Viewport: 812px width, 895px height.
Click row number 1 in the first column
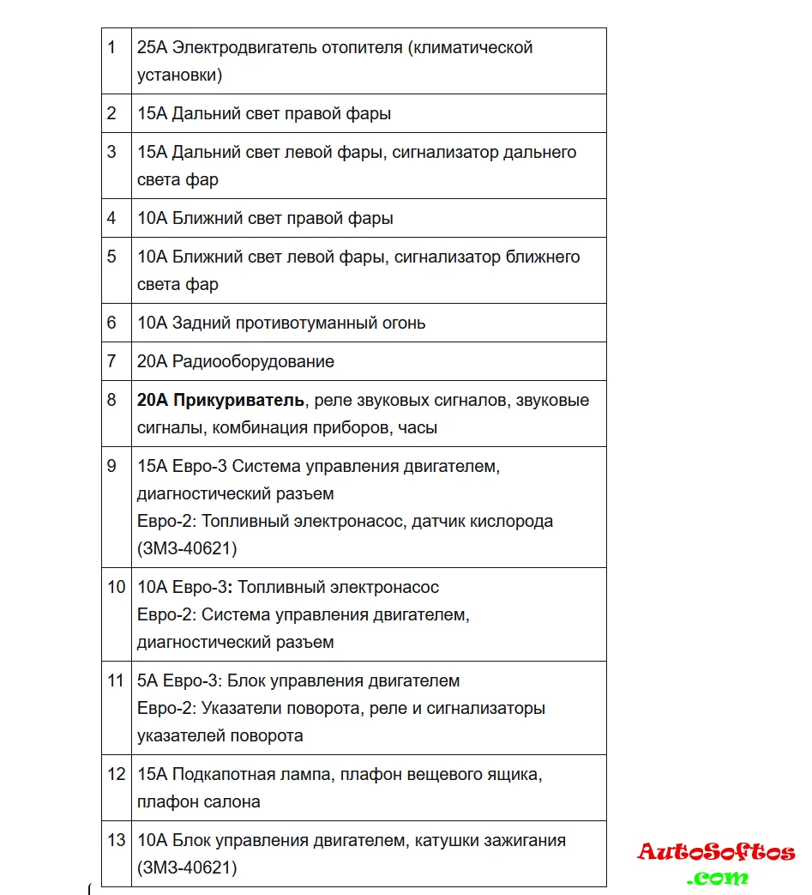(x=111, y=47)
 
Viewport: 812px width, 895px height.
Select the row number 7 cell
(x=111, y=361)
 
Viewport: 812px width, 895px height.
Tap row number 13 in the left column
(x=116, y=840)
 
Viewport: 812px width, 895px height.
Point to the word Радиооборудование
(x=253, y=361)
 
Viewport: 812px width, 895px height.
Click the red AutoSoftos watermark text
(x=716, y=852)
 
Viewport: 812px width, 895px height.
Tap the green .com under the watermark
(x=718, y=877)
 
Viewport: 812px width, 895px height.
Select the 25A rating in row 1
(x=152, y=47)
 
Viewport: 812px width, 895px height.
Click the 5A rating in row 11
(x=147, y=680)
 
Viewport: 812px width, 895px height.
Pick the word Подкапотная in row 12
(x=220, y=774)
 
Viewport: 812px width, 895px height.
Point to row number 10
(x=116, y=587)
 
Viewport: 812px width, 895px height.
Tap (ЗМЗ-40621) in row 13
(x=186, y=868)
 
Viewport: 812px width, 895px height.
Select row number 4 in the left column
(x=111, y=218)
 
